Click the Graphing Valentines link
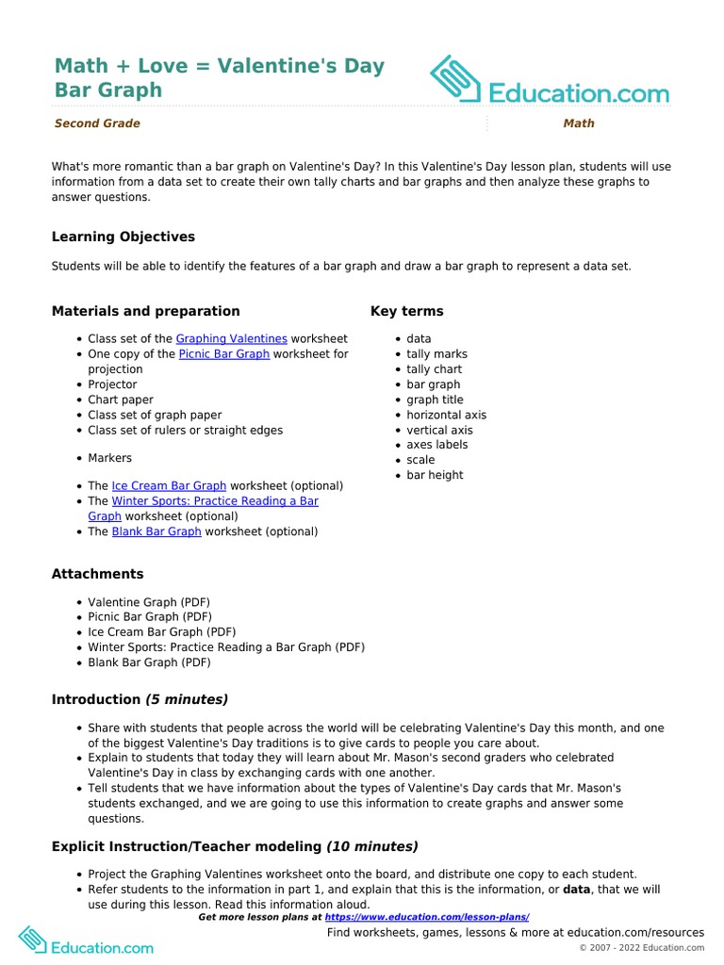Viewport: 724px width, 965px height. (231, 338)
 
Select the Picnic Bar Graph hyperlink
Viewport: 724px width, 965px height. (223, 353)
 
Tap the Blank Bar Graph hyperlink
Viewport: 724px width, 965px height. (156, 532)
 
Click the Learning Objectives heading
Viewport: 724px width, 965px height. (123, 237)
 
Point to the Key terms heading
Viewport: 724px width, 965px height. (406, 311)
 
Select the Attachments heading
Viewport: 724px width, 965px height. (97, 574)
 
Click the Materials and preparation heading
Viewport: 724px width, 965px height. (145, 311)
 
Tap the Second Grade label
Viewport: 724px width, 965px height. (96, 123)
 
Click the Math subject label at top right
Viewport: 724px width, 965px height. (578, 123)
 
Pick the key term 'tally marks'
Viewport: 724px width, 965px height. (436, 354)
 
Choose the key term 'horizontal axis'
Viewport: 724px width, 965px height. (446, 415)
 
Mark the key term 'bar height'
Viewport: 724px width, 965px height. (435, 475)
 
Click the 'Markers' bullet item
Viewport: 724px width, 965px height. (109, 458)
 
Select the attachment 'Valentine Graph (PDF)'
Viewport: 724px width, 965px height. (148, 602)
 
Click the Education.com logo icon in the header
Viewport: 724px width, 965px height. (455, 79)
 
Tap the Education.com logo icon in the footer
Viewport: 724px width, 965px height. (31, 940)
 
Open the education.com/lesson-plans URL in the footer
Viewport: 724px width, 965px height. (427, 917)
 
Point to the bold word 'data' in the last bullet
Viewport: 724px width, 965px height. (578, 889)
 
